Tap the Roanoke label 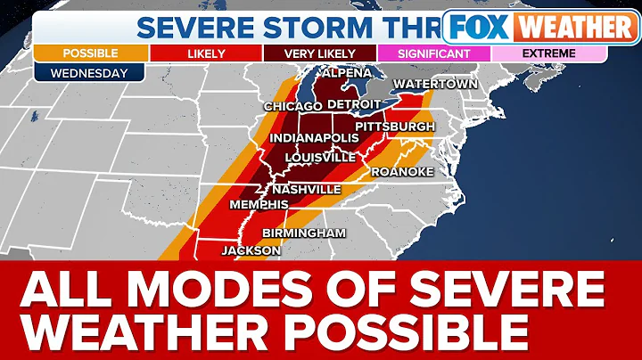coord(401,171)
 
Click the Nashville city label coord(306,190)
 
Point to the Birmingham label coord(303,233)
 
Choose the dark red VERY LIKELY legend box coord(320,53)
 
